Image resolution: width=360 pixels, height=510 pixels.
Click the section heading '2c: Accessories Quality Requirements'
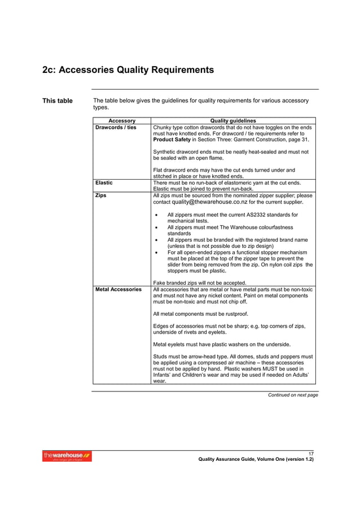pos(128,70)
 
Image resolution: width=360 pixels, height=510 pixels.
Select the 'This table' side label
pos(58,101)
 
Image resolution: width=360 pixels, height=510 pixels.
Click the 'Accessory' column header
pos(122,120)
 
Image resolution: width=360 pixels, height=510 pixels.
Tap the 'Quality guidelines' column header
pos(232,120)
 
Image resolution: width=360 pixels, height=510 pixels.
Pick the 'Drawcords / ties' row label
pos(116,128)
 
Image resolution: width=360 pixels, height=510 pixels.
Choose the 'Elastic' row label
pos(104,182)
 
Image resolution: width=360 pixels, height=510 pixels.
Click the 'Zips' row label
pos(101,195)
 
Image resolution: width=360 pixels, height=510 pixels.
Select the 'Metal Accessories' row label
pos(118,289)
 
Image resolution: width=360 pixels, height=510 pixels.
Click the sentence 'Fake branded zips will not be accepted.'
pos(199,282)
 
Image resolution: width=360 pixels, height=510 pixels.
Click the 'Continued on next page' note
pos(292,395)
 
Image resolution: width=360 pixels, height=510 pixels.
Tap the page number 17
pos(311,454)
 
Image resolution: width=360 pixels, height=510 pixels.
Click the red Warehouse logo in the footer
pos(67,456)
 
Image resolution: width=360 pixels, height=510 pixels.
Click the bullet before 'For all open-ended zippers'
pos(156,252)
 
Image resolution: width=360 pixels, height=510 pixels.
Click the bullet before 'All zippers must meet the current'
pos(156,215)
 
